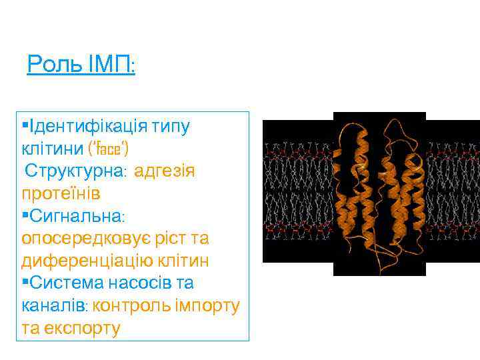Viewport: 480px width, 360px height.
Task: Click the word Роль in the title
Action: click(x=48, y=65)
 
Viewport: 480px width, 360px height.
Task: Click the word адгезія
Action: click(x=164, y=171)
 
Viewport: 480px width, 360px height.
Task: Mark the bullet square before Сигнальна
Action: click(x=25, y=215)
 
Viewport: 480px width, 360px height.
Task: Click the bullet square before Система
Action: click(x=25, y=282)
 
